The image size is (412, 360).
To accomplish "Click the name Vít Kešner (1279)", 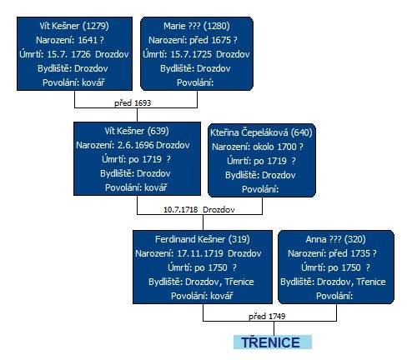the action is click(74, 26).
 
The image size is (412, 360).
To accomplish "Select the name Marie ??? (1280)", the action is click(197, 26).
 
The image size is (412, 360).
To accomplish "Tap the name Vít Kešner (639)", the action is click(137, 131).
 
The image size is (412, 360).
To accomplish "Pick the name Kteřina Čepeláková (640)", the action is click(261, 132).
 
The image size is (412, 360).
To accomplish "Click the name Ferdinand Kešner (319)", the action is click(203, 239).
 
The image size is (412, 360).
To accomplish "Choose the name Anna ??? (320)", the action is click(336, 239).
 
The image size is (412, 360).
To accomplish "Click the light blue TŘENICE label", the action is click(273, 342).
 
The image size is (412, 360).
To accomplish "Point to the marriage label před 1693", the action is click(133, 103).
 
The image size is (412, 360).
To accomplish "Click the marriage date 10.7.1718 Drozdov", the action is click(199, 209).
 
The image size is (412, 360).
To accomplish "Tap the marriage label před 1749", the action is click(267, 316).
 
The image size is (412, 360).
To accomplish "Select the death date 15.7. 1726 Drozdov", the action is click(88, 54).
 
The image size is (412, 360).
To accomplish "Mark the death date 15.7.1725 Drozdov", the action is click(210, 54).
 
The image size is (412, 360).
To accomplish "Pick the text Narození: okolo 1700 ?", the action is click(258, 147).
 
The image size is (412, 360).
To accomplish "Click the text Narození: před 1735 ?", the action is click(333, 253).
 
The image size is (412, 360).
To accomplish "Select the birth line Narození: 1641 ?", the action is click(70, 40).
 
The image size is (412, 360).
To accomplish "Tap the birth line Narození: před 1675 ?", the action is click(193, 40).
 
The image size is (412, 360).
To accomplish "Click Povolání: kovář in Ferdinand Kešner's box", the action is click(202, 296).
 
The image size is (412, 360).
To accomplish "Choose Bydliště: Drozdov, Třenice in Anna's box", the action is click(333, 282).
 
